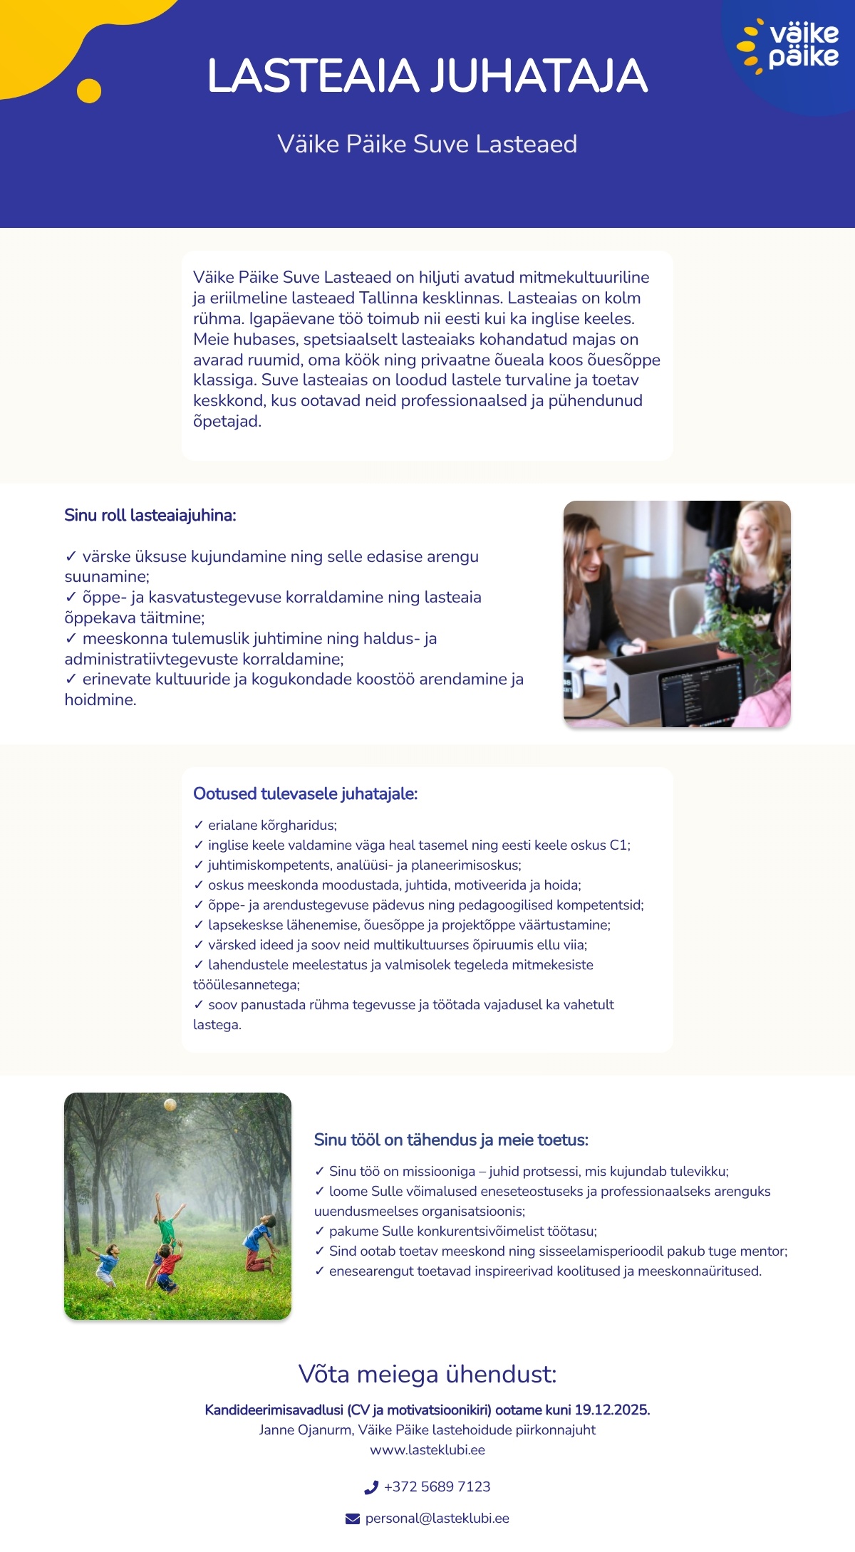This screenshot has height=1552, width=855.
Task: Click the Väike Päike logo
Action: pos(791,46)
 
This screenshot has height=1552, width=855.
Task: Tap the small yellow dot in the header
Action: pos(89,91)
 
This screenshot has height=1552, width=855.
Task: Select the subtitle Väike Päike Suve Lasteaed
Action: pos(427,144)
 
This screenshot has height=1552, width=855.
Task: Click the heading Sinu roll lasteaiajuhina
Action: pos(150,515)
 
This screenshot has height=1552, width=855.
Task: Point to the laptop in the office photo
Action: pos(702,688)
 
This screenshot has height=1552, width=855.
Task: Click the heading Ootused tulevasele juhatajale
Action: pos(305,793)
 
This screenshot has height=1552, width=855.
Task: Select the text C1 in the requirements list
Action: pos(618,845)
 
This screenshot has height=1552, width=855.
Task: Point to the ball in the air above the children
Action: pos(170,1105)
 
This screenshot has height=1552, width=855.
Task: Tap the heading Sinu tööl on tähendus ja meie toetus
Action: pos(451,1140)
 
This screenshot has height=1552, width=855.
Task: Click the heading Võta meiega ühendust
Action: pos(427,1373)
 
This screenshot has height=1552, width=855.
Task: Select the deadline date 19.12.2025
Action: pos(611,1410)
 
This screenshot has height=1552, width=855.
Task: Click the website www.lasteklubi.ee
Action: pos(427,1449)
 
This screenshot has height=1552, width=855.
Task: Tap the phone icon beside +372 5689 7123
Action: pos(371,1487)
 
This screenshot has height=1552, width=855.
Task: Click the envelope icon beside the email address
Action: pos(353,1519)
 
